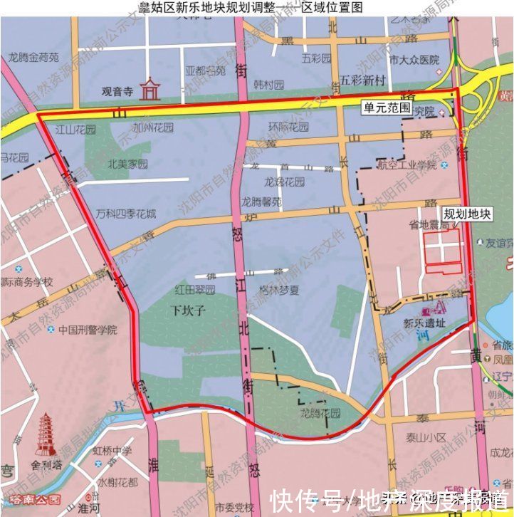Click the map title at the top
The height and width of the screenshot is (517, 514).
[256, 7]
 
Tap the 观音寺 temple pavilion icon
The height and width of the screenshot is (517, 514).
[150, 89]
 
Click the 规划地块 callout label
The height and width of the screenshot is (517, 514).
[467, 213]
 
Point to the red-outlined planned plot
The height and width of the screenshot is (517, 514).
[444, 251]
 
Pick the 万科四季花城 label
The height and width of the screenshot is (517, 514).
[126, 214]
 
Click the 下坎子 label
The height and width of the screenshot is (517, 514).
[188, 310]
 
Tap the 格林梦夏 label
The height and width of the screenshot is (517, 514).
[279, 291]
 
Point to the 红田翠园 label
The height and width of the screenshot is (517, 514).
[194, 290]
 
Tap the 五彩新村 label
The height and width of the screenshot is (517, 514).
[362, 79]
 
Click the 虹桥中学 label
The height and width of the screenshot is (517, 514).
[112, 450]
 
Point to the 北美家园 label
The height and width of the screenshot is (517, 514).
[128, 164]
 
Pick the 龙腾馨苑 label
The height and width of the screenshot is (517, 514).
[262, 202]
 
